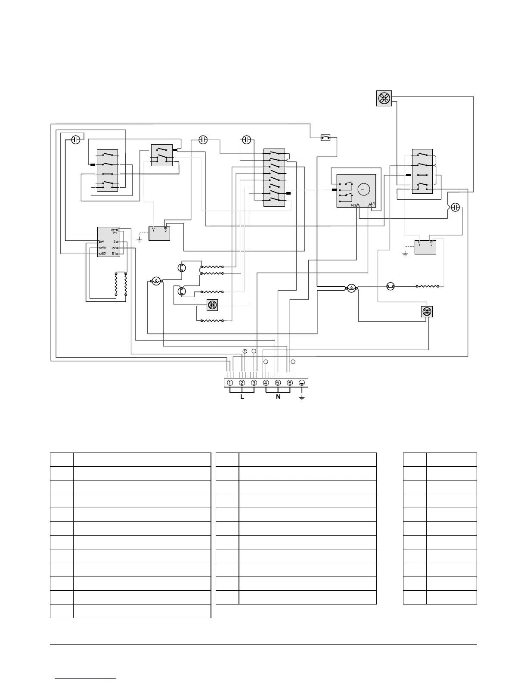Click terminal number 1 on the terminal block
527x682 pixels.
pyautogui.click(x=230, y=383)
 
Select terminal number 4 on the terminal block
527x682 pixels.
pyautogui.click(x=266, y=383)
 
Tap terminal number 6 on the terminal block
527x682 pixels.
pyautogui.click(x=290, y=383)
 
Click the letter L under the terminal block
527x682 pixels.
pyautogui.click(x=242, y=397)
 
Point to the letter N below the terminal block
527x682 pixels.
pyautogui.click(x=278, y=397)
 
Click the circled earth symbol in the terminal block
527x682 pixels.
pyautogui.click(x=302, y=383)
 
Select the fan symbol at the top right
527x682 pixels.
pyautogui.click(x=383, y=99)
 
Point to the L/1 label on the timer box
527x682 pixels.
pyautogui.click(x=373, y=204)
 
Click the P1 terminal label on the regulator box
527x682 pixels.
pyautogui.click(x=115, y=233)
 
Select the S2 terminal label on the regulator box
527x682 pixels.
pyautogui.click(x=103, y=254)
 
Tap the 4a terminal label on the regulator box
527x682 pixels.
pyautogui.click(x=103, y=248)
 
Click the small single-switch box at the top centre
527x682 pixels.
pyautogui.click(x=326, y=138)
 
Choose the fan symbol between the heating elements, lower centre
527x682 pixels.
pyautogui.click(x=212, y=305)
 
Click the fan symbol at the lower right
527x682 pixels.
pyautogui.click(x=427, y=312)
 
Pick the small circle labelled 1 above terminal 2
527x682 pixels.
pyautogui.click(x=245, y=351)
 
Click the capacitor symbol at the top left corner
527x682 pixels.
pyautogui.click(x=75, y=140)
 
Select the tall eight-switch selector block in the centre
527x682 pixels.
pyautogui.click(x=274, y=177)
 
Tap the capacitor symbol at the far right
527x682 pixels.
pyautogui.click(x=456, y=208)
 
